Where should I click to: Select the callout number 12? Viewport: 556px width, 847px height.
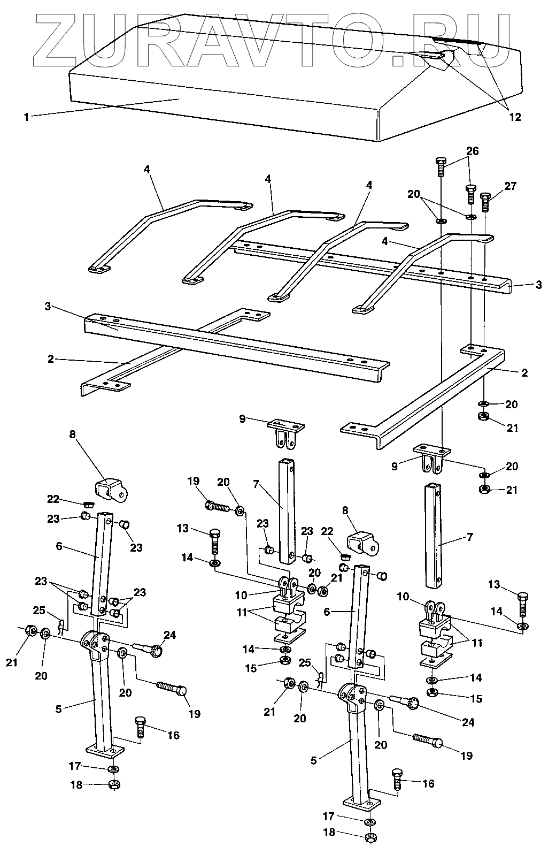(x=514, y=117)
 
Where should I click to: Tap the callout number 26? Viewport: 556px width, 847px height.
(x=472, y=151)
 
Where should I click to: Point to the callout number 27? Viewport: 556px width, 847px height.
(x=511, y=186)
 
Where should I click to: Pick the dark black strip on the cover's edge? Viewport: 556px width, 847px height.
(x=458, y=41)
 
